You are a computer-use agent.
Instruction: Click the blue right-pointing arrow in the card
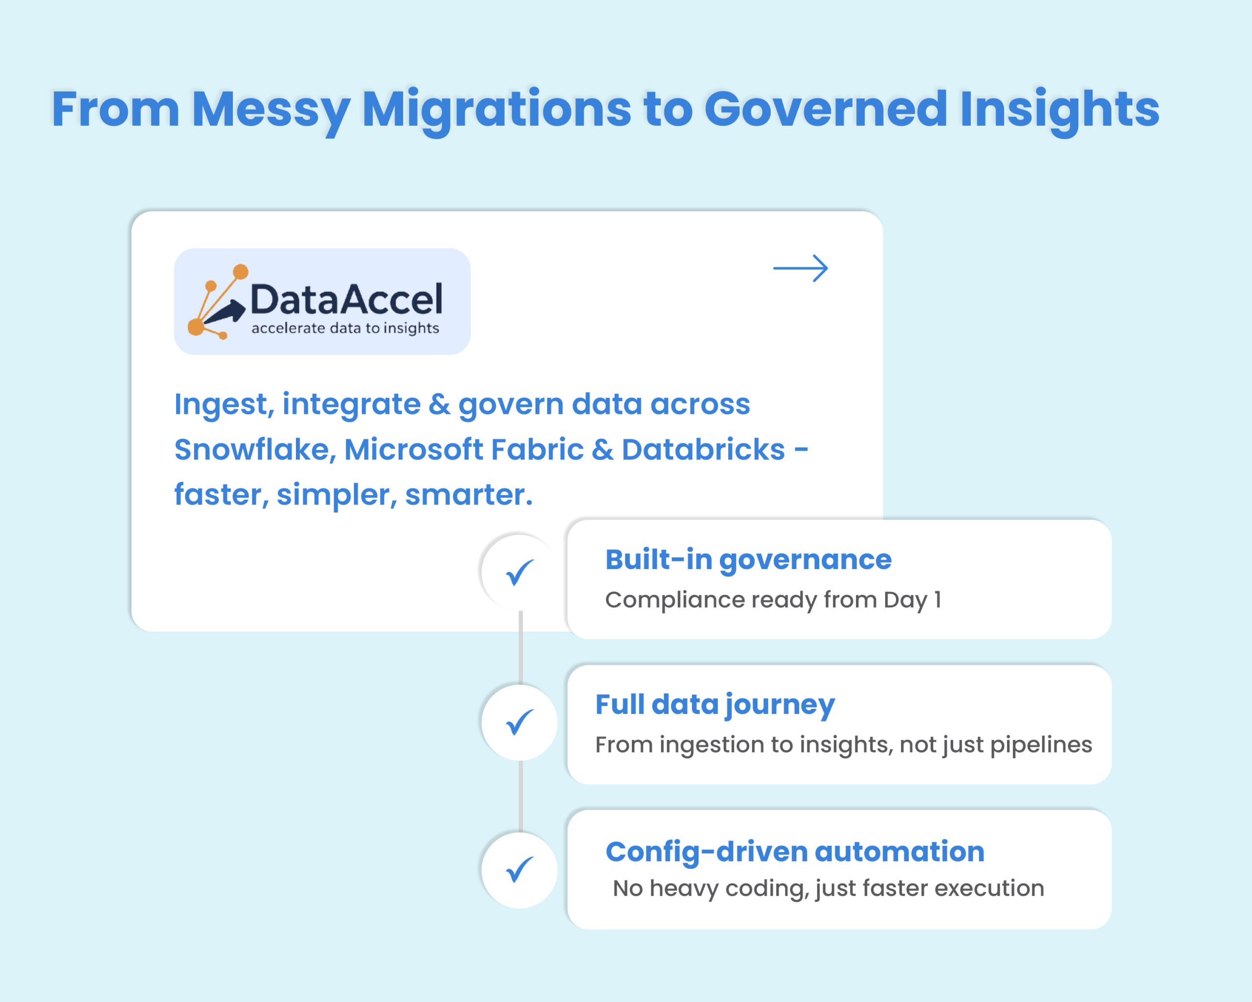(x=800, y=269)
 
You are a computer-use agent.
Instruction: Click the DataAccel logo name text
(x=346, y=300)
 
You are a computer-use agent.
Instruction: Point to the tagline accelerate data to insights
(x=345, y=328)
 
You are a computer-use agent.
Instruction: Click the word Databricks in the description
(x=703, y=450)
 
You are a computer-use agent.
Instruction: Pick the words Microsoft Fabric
(x=464, y=450)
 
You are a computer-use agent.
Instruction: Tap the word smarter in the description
(x=468, y=495)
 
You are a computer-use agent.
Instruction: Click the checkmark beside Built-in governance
(x=519, y=572)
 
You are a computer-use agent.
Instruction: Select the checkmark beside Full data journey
(x=519, y=722)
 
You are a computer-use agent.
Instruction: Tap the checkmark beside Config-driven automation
(x=519, y=869)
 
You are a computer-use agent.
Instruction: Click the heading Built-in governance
(x=748, y=560)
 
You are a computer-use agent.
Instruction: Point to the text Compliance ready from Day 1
(x=772, y=599)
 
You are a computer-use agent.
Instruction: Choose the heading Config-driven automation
(x=794, y=852)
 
